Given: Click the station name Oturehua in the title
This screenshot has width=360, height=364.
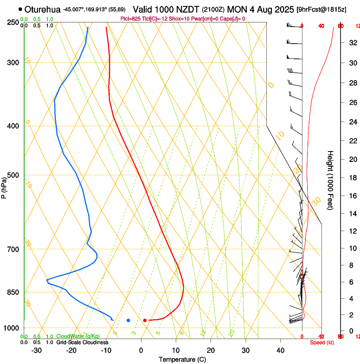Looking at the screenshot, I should point(42,9).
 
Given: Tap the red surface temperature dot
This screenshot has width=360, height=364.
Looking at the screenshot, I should point(145,320).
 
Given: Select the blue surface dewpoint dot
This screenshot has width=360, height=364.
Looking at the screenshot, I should point(128,320).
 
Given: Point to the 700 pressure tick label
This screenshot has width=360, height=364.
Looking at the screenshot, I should point(13,249).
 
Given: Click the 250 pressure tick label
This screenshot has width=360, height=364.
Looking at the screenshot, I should point(13,22).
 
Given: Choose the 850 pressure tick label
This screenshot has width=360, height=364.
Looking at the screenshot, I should point(13,292).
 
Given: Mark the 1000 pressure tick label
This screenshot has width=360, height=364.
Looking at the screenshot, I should point(11,328).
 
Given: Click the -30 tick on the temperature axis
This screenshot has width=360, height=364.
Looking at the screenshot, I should point(36,350).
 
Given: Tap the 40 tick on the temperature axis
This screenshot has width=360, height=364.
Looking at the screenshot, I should point(280,350).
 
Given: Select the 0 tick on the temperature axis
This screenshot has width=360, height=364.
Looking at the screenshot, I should point(141,350).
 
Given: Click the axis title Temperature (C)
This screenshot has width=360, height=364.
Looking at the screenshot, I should point(182,359).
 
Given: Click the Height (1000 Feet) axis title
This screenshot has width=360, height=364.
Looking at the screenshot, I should point(330,180).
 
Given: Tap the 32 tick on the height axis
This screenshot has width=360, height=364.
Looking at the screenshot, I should point(352,43).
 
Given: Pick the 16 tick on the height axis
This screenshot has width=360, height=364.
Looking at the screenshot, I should point(352,196).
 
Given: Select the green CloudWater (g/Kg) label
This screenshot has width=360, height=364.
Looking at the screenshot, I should point(78,336).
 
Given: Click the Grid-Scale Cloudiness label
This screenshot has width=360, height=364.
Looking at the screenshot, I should point(82,342).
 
